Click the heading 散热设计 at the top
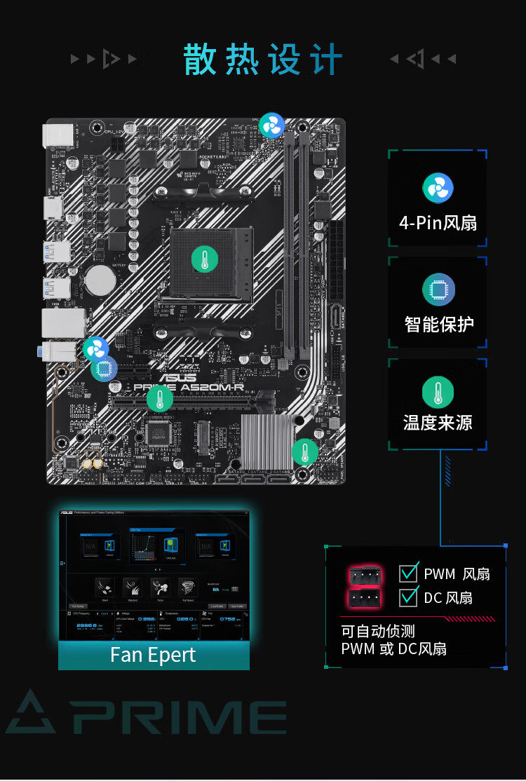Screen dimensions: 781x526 click(x=263, y=60)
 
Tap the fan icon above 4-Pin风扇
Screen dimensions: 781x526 click(x=438, y=189)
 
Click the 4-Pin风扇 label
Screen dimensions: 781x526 click(x=438, y=223)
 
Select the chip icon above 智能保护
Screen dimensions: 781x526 click(x=438, y=290)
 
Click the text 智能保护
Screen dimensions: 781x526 click(x=438, y=325)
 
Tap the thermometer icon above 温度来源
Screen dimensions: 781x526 click(x=438, y=392)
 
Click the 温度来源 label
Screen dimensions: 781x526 click(x=438, y=423)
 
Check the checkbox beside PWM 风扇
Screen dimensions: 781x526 click(x=408, y=573)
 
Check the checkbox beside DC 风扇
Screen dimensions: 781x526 click(x=408, y=597)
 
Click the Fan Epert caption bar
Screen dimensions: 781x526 click(x=154, y=656)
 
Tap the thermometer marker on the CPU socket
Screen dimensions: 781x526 click(x=204, y=260)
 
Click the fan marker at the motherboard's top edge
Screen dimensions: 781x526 click(x=272, y=126)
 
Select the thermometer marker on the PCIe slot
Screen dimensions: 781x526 click(x=160, y=399)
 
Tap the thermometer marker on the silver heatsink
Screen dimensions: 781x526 click(x=304, y=452)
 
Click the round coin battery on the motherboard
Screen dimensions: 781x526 click(x=100, y=280)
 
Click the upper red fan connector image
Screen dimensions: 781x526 click(x=365, y=576)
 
